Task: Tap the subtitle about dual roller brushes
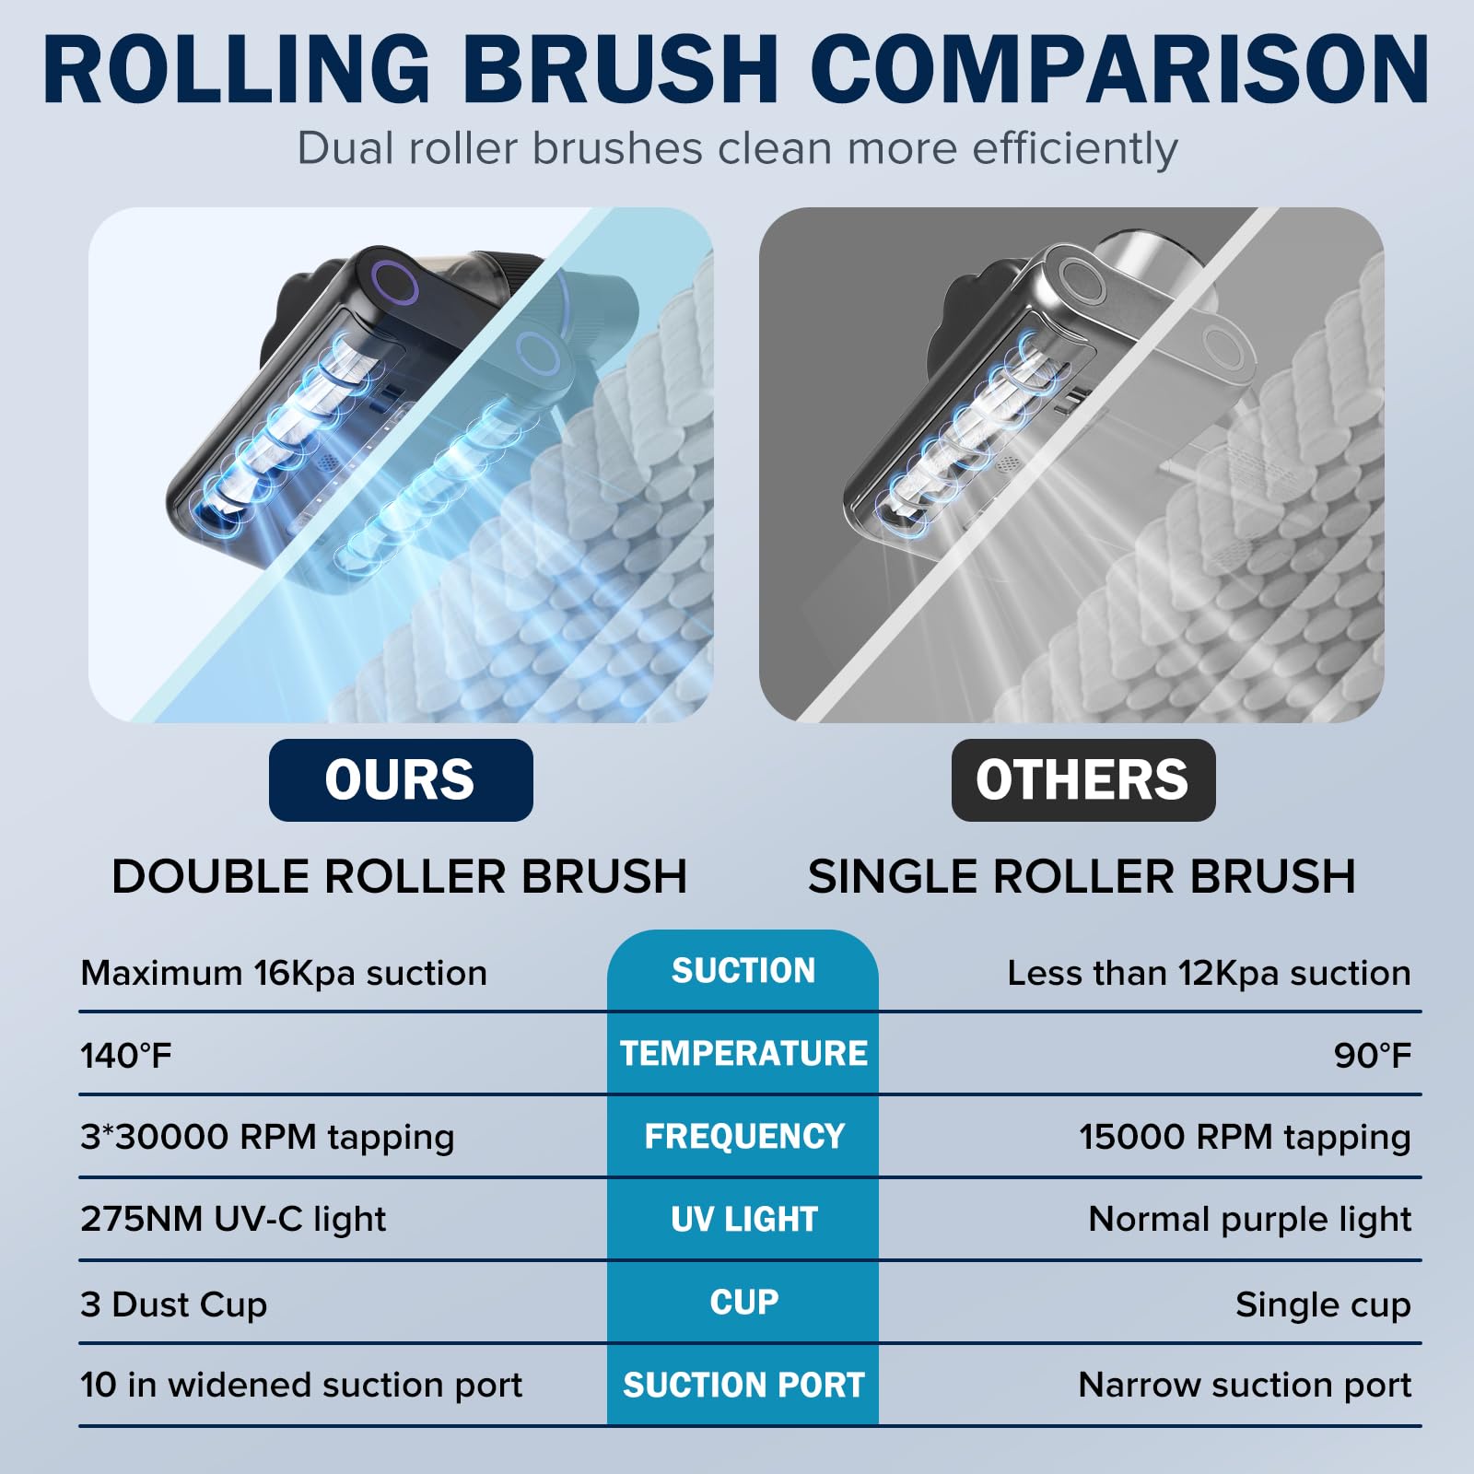click(x=737, y=148)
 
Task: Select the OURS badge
click(x=401, y=779)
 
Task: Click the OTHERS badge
click(x=1083, y=779)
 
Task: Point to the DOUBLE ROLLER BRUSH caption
click(x=400, y=876)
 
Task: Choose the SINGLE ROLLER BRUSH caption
click(x=1082, y=876)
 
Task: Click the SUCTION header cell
click(x=743, y=970)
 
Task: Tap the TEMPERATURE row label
click(x=743, y=1053)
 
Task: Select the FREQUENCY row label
click(x=744, y=1136)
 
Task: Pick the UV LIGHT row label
click(x=744, y=1219)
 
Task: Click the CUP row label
click(x=744, y=1302)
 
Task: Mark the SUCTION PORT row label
click(x=743, y=1385)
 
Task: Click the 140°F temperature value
click(x=126, y=1055)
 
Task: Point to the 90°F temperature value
click(x=1373, y=1055)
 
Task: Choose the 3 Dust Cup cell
click(x=174, y=1304)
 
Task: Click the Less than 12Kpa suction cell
click(x=1210, y=973)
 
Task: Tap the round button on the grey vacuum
click(x=1080, y=279)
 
